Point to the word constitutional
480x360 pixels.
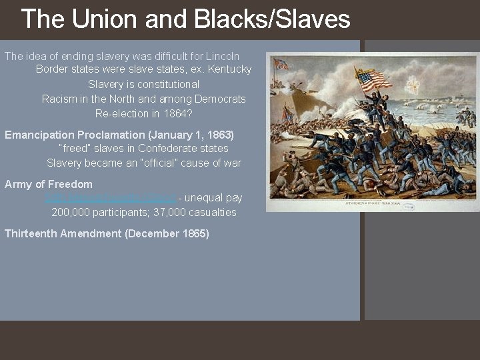coord(166,84)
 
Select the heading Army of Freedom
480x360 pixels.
coord(49,184)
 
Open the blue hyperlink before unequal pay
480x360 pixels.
coord(110,198)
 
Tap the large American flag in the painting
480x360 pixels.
coord(373,80)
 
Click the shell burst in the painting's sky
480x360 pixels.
coord(413,85)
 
